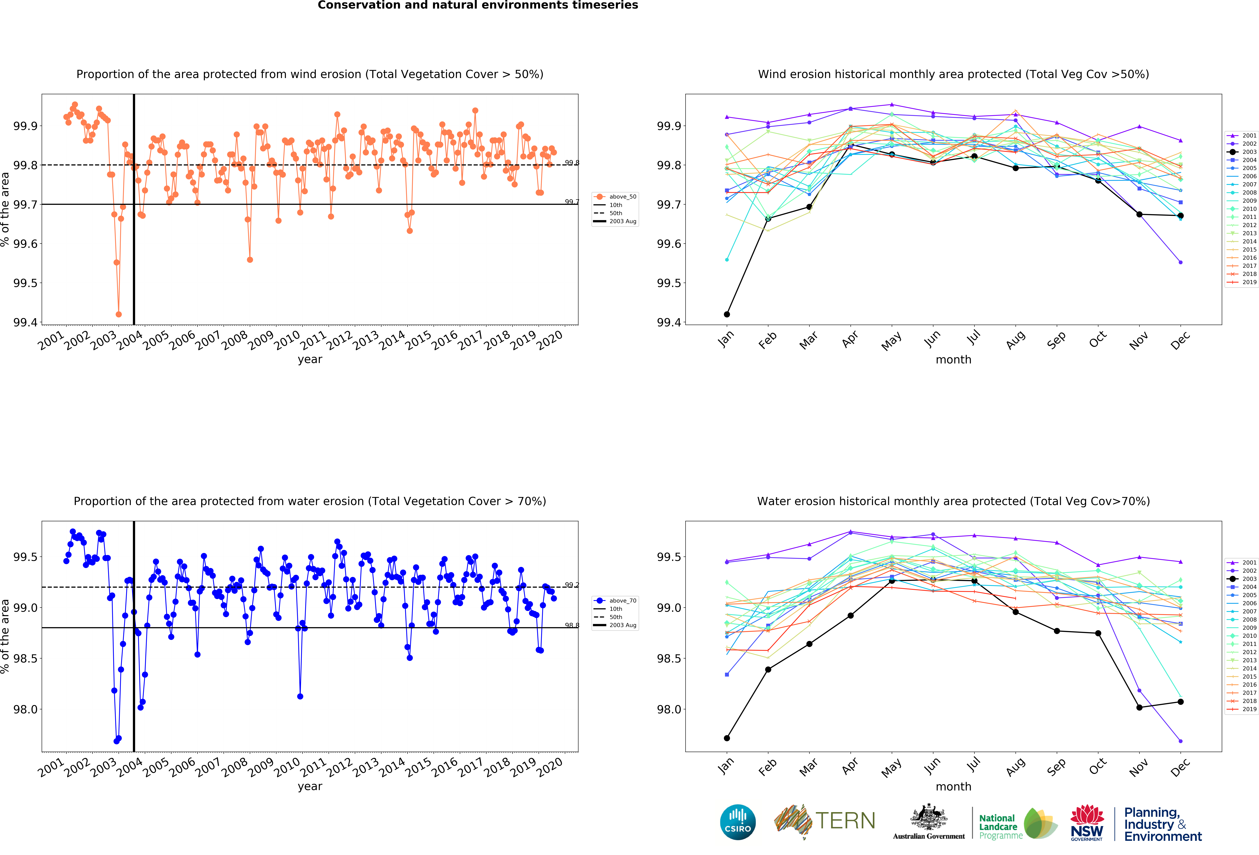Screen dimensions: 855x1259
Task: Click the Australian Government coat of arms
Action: (x=929, y=818)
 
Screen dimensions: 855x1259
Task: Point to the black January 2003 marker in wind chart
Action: (x=726, y=314)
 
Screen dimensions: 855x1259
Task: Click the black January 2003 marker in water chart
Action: (x=726, y=738)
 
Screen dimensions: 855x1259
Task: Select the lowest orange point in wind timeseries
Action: (x=119, y=314)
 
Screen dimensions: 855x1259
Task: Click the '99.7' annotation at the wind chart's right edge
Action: (x=572, y=202)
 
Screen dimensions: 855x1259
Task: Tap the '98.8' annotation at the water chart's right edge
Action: (x=572, y=625)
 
